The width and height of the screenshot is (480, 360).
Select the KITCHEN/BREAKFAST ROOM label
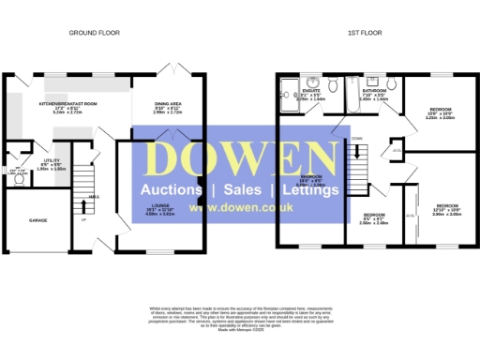[67, 104]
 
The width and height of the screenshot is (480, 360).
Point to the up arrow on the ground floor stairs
[84, 220]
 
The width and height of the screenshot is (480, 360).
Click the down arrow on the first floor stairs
[356, 139]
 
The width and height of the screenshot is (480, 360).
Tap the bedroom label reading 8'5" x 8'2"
[374, 217]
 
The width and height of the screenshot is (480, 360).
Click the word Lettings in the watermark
[309, 190]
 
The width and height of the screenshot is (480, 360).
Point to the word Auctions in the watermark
[172, 190]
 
